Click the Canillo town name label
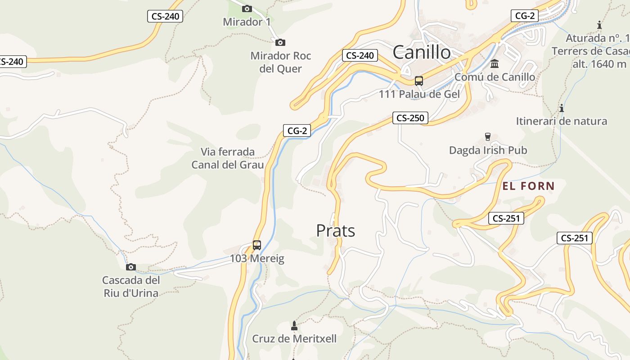(421, 53)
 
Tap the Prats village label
(335, 231)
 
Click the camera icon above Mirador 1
(247, 9)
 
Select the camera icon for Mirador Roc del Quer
(280, 42)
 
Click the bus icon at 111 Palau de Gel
(419, 81)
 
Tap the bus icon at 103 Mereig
(257, 245)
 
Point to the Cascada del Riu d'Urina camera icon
(131, 267)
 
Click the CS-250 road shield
(410, 118)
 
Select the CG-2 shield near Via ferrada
(297, 131)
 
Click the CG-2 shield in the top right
(525, 16)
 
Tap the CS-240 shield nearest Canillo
(360, 56)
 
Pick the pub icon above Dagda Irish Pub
(487, 137)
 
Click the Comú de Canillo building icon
(495, 63)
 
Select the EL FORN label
(528, 186)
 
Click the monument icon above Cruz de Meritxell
(294, 325)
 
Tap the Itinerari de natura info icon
(561, 108)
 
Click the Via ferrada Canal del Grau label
(227, 158)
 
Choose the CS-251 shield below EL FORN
(506, 219)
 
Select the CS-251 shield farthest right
(575, 238)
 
